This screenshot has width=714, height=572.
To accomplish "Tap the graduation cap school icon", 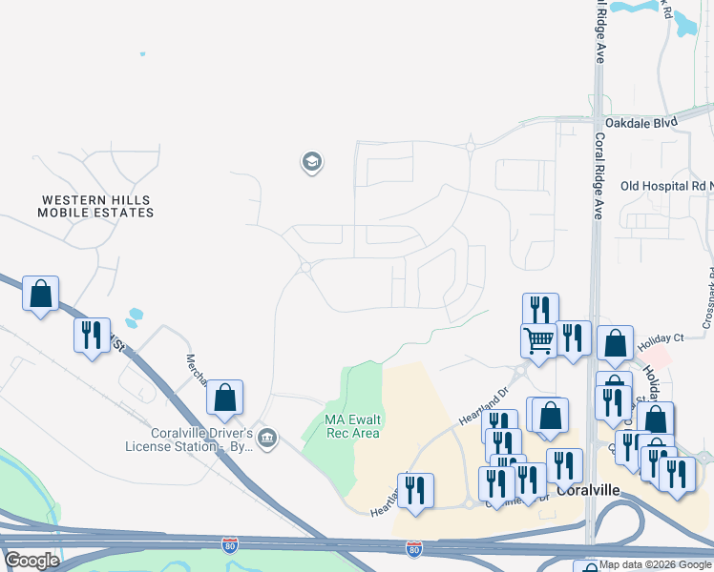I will pyautogui.click(x=311, y=162).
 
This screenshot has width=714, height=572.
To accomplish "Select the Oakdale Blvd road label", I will pyautogui.click(x=640, y=123).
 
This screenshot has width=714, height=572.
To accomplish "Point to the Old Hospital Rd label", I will pyautogui.click(x=665, y=186).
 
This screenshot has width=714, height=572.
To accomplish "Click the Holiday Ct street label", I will pyautogui.click(x=661, y=338).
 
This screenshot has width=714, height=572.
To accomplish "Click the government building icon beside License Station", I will pyautogui.click(x=267, y=439).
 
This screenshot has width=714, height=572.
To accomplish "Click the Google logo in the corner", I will pyautogui.click(x=32, y=561).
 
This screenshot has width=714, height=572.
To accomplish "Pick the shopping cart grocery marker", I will pyautogui.click(x=538, y=339).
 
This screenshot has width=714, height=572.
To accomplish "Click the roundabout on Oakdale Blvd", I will pyautogui.click(x=471, y=146).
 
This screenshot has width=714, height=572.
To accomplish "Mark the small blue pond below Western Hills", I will pyautogui.click(x=135, y=316).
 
